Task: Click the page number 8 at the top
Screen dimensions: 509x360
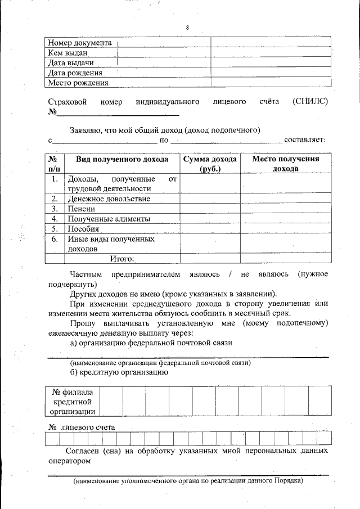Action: click(x=187, y=28)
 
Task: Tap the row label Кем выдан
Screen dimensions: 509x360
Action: click(x=67, y=53)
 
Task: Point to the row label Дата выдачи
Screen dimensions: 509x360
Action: click(x=71, y=62)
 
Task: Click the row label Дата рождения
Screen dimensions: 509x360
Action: click(x=75, y=73)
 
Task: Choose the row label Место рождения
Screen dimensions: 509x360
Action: click(x=78, y=83)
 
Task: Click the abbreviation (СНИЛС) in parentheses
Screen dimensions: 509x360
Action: click(x=310, y=101)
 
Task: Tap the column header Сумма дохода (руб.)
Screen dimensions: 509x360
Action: click(x=210, y=164)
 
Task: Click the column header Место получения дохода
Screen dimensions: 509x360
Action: click(x=285, y=164)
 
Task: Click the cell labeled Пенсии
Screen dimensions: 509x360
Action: click(x=82, y=209)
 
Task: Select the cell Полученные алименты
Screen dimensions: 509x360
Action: click(x=109, y=219)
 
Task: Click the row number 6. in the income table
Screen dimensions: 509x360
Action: click(x=55, y=239)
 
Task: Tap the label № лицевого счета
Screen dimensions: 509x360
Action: click(x=82, y=427)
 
